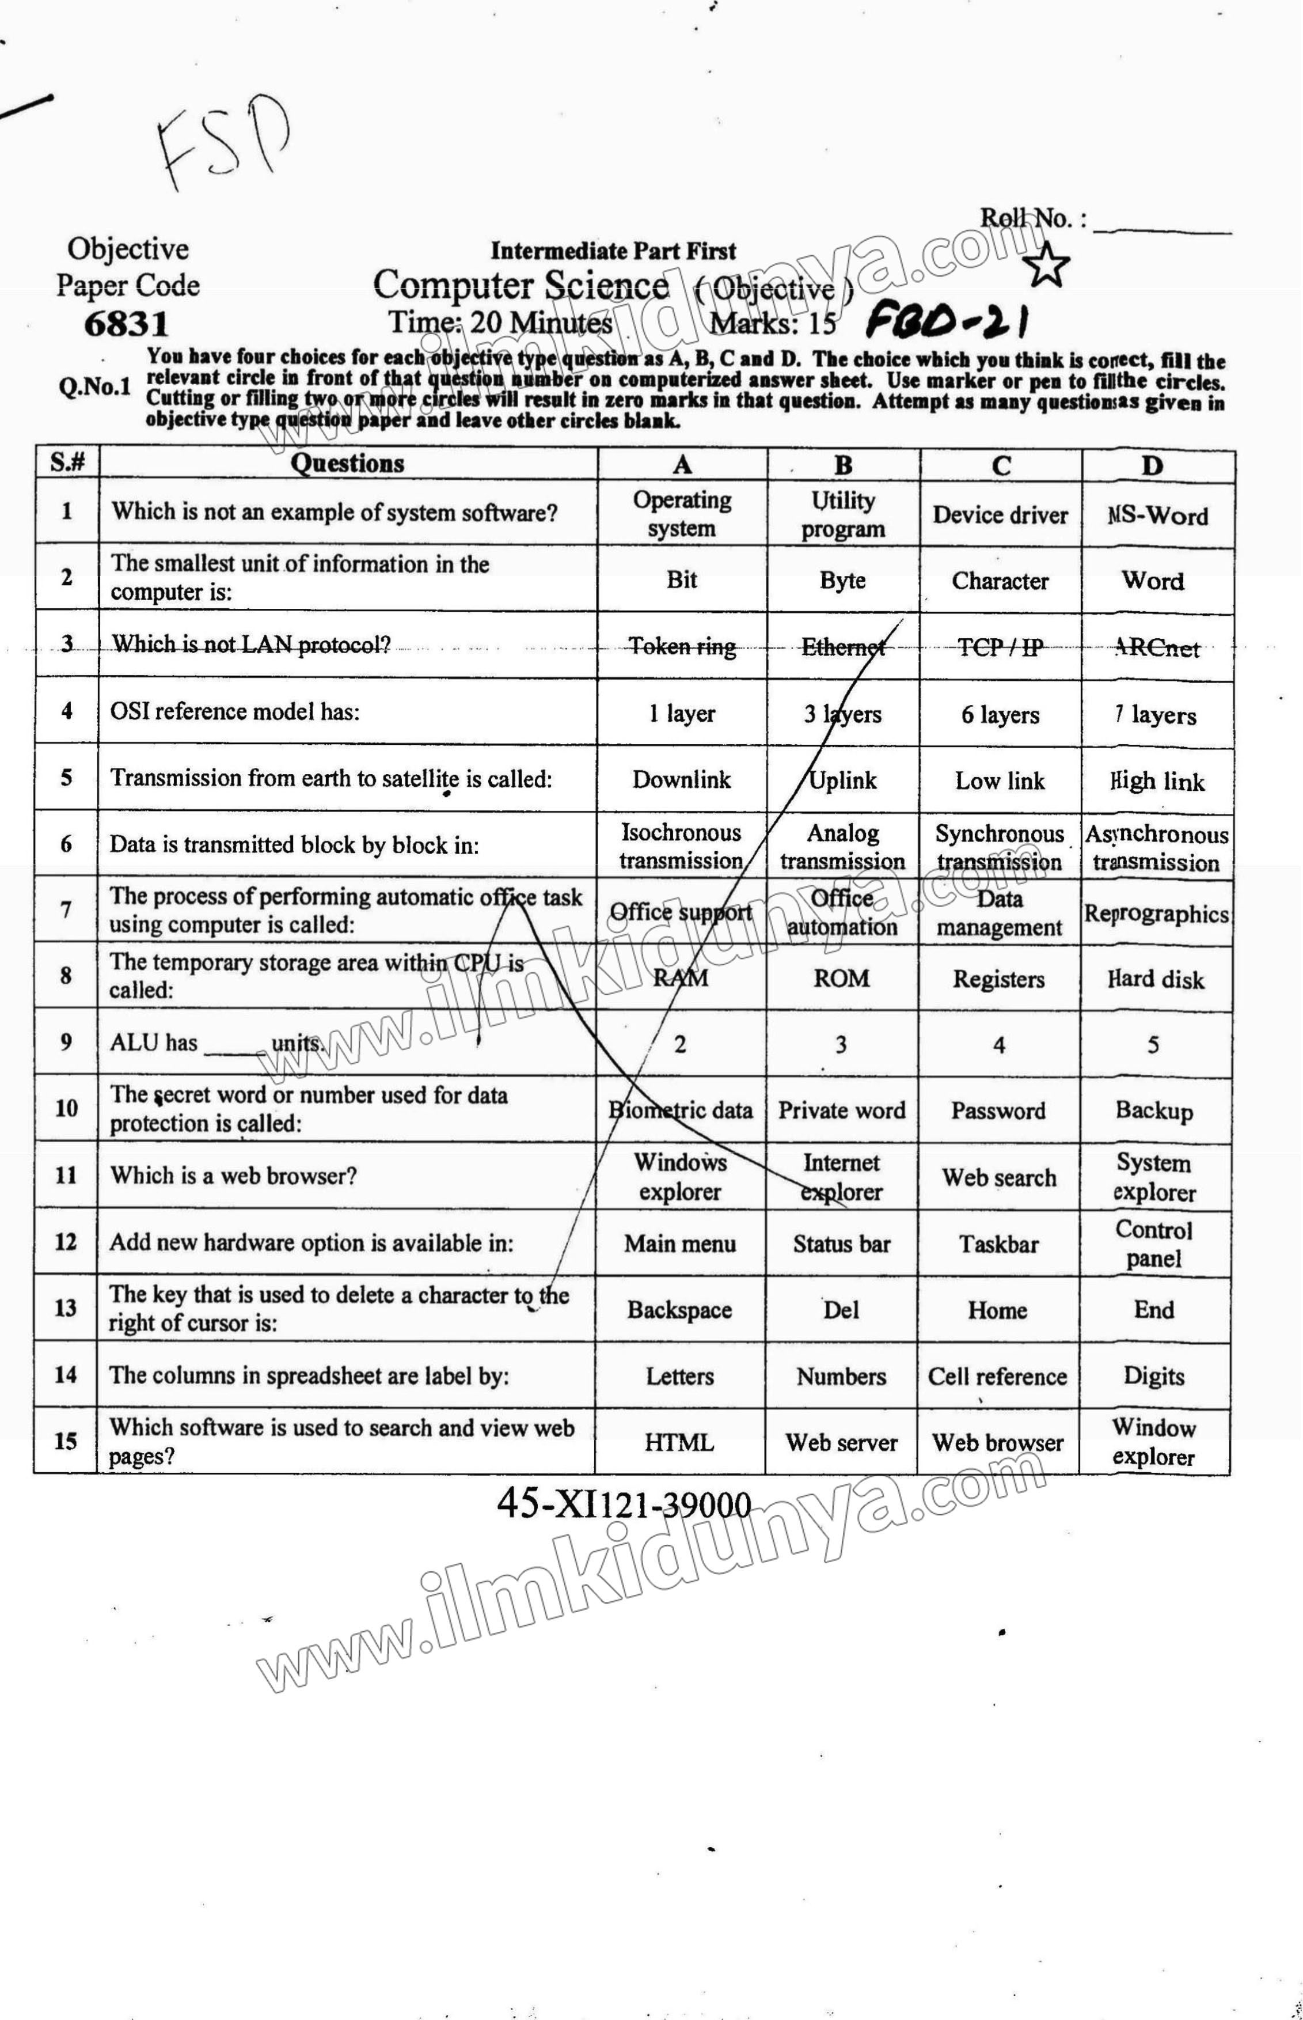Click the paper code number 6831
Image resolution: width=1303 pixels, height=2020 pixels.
click(126, 323)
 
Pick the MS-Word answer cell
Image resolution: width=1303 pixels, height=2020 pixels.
click(1157, 514)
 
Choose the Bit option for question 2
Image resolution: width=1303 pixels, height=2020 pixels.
click(681, 579)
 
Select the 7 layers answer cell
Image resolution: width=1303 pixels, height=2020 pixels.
click(1156, 715)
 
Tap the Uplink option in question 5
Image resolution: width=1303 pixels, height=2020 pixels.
click(843, 780)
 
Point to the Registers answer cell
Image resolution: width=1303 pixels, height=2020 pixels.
click(998, 979)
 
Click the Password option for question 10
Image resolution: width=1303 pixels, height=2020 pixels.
click(998, 1111)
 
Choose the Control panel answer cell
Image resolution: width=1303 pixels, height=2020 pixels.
click(1153, 1243)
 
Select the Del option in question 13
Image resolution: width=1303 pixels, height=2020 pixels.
click(841, 1310)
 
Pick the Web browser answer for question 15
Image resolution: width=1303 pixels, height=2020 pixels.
click(998, 1443)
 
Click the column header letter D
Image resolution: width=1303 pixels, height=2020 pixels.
click(1152, 467)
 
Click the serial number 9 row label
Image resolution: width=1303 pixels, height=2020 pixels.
click(66, 1042)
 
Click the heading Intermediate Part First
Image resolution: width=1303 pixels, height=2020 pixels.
click(613, 251)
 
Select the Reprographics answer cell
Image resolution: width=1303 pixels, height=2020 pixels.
click(1156, 913)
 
